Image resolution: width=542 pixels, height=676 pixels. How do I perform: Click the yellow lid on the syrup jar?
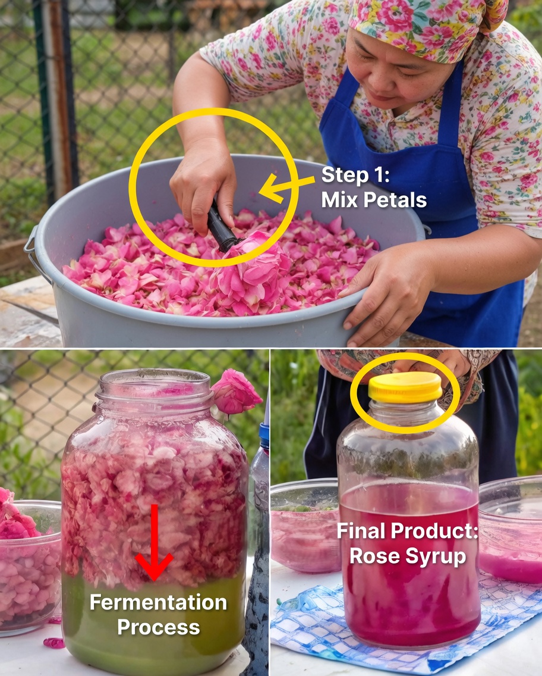[x=405, y=388]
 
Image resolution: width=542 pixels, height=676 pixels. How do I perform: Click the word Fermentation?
[x=158, y=602]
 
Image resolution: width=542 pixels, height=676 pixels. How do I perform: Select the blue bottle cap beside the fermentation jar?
[x=264, y=435]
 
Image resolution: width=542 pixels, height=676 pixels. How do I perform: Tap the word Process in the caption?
[x=158, y=627]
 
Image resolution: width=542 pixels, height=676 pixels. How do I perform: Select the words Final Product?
[x=408, y=531]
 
